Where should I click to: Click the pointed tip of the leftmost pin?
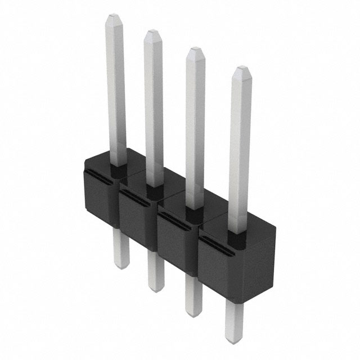click(111, 17)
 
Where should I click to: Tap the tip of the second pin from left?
click(152, 35)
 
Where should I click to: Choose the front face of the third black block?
click(174, 242)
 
